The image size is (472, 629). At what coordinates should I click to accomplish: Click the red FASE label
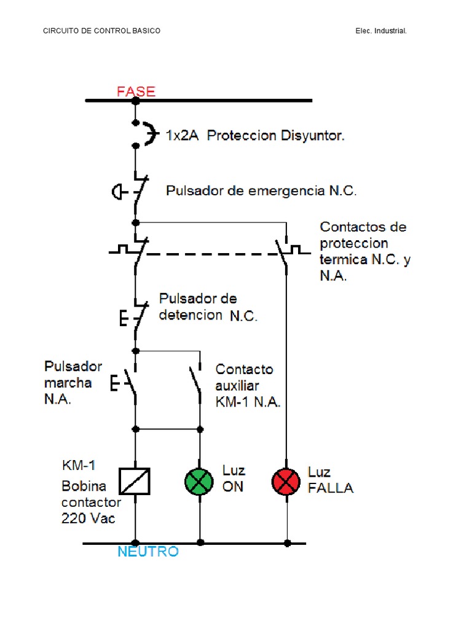[x=136, y=92]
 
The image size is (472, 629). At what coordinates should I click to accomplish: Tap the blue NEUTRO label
[x=148, y=551]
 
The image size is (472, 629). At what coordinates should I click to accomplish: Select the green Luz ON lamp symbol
[x=199, y=481]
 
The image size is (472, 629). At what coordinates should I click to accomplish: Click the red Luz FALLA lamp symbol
[x=286, y=481]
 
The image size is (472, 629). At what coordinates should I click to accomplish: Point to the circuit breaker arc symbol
[x=147, y=134]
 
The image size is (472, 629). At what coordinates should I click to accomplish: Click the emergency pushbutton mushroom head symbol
[x=117, y=192]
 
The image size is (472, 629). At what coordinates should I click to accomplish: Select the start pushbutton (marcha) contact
[x=131, y=384]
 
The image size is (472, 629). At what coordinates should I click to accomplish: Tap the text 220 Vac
[x=88, y=518]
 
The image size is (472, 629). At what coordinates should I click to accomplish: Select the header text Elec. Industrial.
[x=381, y=31]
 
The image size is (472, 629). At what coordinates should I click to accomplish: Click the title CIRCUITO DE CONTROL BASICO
[x=102, y=31]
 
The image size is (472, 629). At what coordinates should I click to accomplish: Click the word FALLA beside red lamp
[x=331, y=488]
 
